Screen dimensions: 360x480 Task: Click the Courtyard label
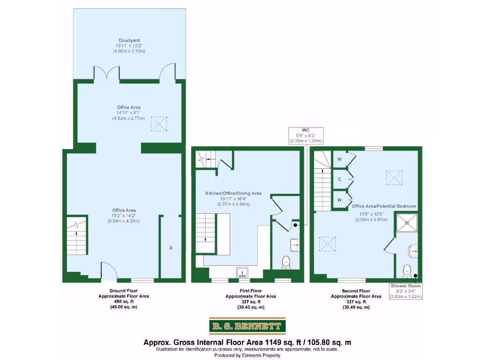coord(129,40)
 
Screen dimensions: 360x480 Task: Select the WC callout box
coord(306,135)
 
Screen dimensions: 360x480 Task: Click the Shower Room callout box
coord(406,291)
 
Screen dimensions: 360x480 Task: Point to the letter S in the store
coord(171,247)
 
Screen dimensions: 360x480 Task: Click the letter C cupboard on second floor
coord(339,179)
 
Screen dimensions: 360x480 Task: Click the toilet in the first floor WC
coord(287,262)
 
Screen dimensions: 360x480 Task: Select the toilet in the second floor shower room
coord(407,270)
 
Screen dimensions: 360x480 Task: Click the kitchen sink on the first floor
coord(243,272)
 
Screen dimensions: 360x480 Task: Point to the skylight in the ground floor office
coord(158,124)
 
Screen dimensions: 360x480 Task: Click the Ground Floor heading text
coord(124,291)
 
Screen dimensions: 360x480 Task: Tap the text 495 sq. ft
coord(124,302)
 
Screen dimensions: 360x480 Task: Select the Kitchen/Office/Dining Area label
coord(233,193)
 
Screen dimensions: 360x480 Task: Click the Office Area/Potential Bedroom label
coord(384,206)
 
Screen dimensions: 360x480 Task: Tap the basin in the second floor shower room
coord(412,251)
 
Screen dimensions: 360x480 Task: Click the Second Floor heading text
coord(356,291)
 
